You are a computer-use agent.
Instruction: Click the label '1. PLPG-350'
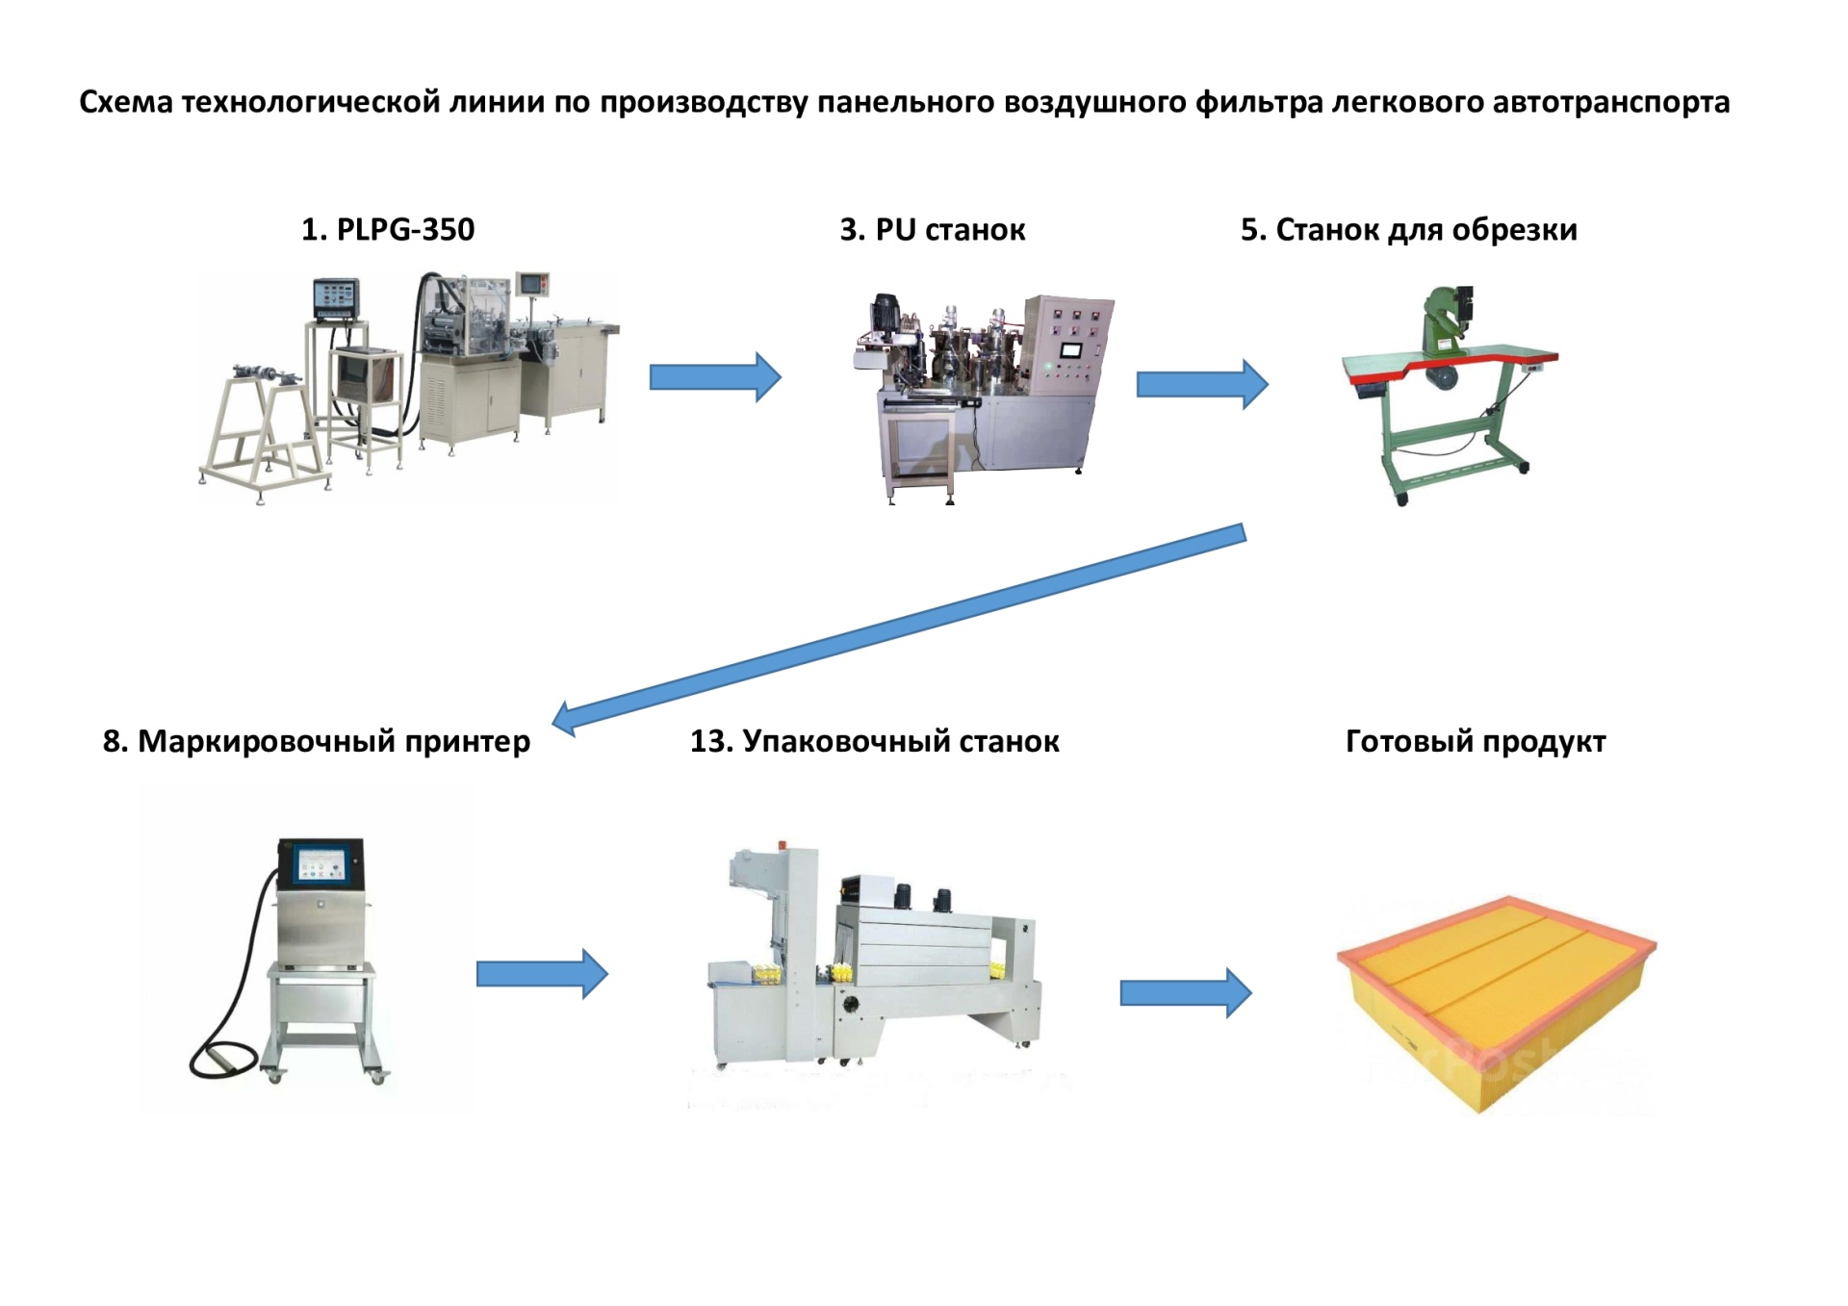coord(387,230)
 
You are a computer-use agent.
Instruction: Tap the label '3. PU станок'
coord(932,230)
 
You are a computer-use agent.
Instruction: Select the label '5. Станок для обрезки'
coord(1408,230)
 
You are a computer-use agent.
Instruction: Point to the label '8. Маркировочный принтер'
coord(316,741)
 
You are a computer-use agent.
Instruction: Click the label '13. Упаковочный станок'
coord(874,741)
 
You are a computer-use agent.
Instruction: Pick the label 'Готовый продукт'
coord(1475,741)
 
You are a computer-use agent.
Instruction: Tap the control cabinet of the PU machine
coord(1069,346)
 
